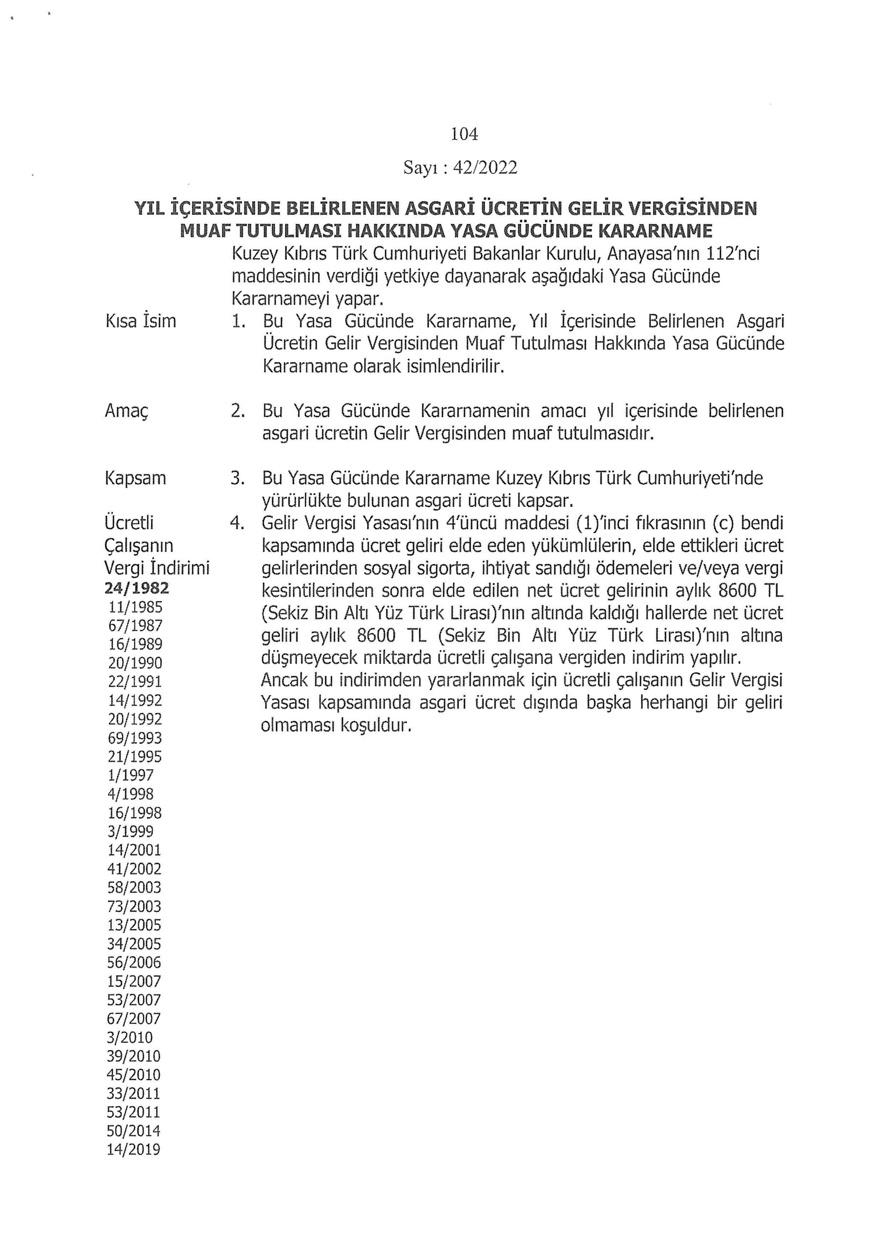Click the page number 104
(464, 134)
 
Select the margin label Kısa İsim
(141, 321)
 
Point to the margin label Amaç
(127, 411)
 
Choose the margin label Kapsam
(136, 479)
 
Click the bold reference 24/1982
(137, 588)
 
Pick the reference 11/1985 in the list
(136, 606)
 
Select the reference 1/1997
(131, 775)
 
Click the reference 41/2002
(134, 869)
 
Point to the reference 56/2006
(134, 962)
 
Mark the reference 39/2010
(134, 1056)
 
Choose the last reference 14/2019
(134, 1150)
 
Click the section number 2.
(237, 411)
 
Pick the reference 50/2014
(134, 1131)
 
